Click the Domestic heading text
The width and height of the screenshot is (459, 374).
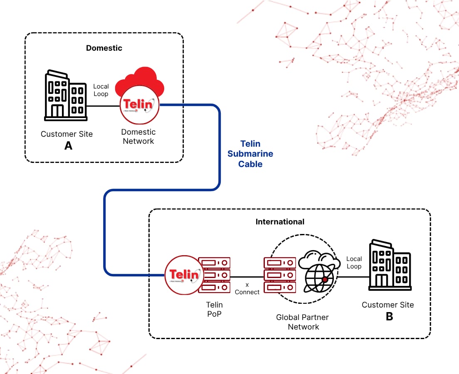[x=104, y=48]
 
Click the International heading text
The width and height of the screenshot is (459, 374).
[x=280, y=221]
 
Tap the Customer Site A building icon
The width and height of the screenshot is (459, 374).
[x=66, y=96]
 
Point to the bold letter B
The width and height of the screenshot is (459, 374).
[x=389, y=316]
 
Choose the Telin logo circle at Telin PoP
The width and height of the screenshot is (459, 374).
[x=184, y=275]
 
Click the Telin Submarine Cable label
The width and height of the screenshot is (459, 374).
[x=250, y=154]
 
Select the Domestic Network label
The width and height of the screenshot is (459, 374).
[x=138, y=137]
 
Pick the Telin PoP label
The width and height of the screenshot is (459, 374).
[x=215, y=310]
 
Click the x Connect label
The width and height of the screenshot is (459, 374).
[x=247, y=289]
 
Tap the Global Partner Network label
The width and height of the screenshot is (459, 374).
[x=302, y=322]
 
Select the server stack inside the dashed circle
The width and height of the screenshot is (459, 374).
[x=280, y=275]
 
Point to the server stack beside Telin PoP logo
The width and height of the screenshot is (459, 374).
[x=214, y=275]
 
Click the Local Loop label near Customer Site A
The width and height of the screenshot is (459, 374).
[x=101, y=90]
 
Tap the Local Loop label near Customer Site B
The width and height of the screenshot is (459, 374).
[x=354, y=263]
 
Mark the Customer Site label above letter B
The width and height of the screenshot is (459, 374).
[x=387, y=305]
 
